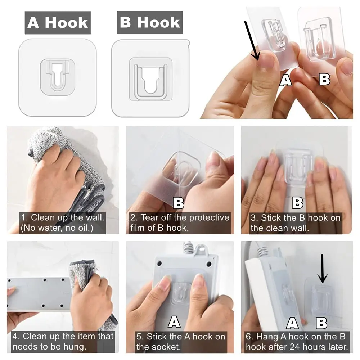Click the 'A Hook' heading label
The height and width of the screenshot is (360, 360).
pyautogui.click(x=58, y=23)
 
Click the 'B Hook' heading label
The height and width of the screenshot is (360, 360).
pyautogui.click(x=150, y=22)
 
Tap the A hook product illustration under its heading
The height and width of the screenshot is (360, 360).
pyautogui.click(x=57, y=78)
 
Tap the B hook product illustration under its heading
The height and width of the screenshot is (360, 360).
pyautogui.click(x=150, y=78)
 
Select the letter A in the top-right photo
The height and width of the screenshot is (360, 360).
pyautogui.click(x=285, y=81)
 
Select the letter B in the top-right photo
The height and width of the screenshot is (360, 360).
pyautogui.click(x=324, y=80)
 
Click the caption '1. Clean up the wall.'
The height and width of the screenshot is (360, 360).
pyautogui.click(x=62, y=217)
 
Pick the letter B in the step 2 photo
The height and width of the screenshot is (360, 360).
pyautogui.click(x=179, y=203)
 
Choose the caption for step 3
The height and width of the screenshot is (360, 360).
pyautogui.click(x=296, y=223)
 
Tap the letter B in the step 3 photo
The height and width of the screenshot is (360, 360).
pyautogui.click(x=298, y=203)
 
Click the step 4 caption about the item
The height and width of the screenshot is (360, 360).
pyautogui.click(x=63, y=342)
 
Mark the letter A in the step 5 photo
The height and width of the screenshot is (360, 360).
pyautogui.click(x=174, y=322)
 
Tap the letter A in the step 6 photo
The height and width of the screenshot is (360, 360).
pyautogui.click(x=292, y=323)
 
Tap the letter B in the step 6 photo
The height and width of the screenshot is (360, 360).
pyautogui.click(x=321, y=323)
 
